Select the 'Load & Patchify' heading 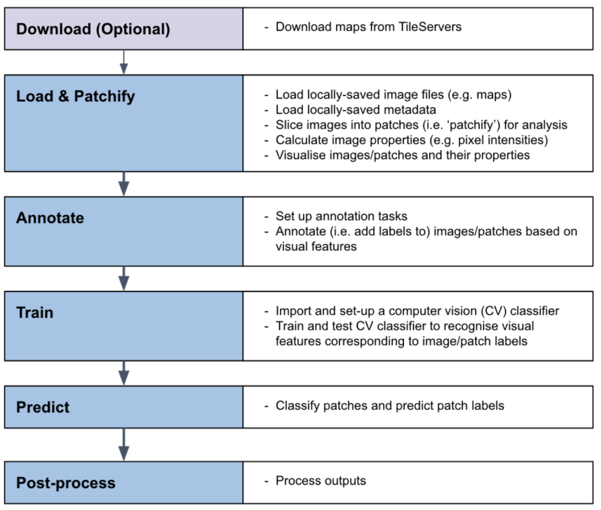(x=75, y=96)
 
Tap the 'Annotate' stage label (x=50, y=218)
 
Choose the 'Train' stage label (x=34, y=312)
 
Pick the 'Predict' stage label (x=43, y=407)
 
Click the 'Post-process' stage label (x=65, y=483)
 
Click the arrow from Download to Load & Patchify (x=124, y=62)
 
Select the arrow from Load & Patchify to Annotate (x=124, y=184)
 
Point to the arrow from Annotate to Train (x=124, y=278)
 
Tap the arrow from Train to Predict (x=124, y=373)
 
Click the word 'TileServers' (x=428, y=27)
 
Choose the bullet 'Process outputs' (x=320, y=481)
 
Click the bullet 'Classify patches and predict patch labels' (x=389, y=406)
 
